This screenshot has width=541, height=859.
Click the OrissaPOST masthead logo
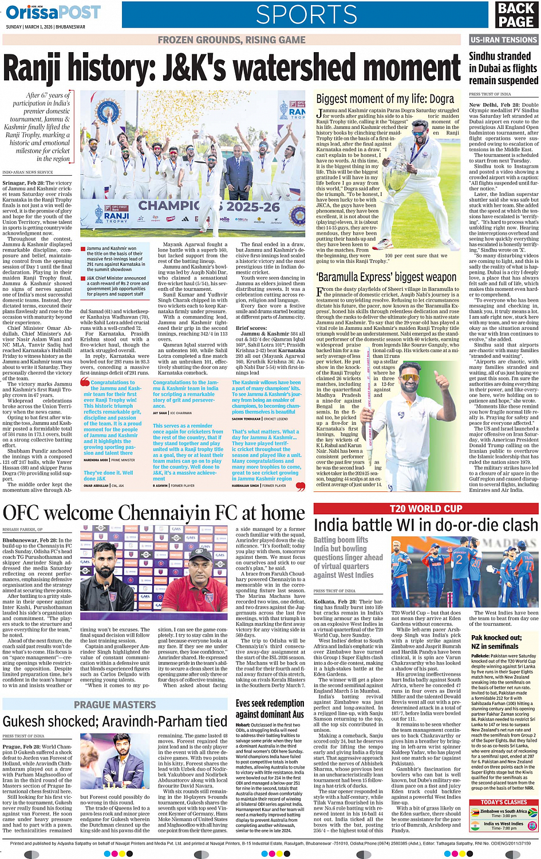point(53,12)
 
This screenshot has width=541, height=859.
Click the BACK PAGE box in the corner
point(516,15)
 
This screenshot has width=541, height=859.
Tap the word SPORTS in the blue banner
point(306,14)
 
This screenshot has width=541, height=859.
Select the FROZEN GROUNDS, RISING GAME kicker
point(231,40)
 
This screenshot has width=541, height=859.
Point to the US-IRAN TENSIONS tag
point(503,40)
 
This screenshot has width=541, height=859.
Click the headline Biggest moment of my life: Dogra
point(385,98)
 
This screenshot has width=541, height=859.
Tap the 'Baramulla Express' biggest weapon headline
point(386,277)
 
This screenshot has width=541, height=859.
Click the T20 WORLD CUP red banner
point(426,509)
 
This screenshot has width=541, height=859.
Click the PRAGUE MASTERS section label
point(114,704)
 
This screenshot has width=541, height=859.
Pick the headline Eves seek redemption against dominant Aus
point(270,708)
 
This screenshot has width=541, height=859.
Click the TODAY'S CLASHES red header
point(504,802)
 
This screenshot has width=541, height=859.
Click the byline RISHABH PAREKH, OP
point(22,530)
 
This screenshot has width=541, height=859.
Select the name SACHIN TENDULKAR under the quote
point(247,419)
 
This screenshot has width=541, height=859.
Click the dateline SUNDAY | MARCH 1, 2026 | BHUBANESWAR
point(45,26)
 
